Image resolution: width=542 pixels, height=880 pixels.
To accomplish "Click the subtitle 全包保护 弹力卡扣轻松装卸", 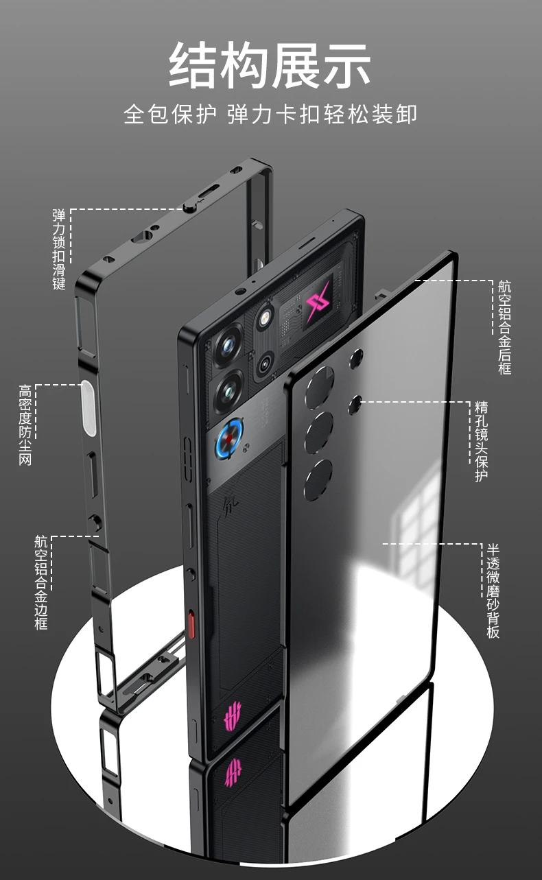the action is pos(270,113).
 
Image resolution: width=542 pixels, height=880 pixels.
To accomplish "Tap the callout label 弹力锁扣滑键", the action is pos(59,248).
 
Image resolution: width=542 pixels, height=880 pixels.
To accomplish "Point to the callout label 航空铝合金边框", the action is pos(41,582).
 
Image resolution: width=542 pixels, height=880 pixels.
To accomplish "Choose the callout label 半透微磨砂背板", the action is pos(493,591).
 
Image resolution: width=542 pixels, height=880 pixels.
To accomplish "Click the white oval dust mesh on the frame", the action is pos(88,406).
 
